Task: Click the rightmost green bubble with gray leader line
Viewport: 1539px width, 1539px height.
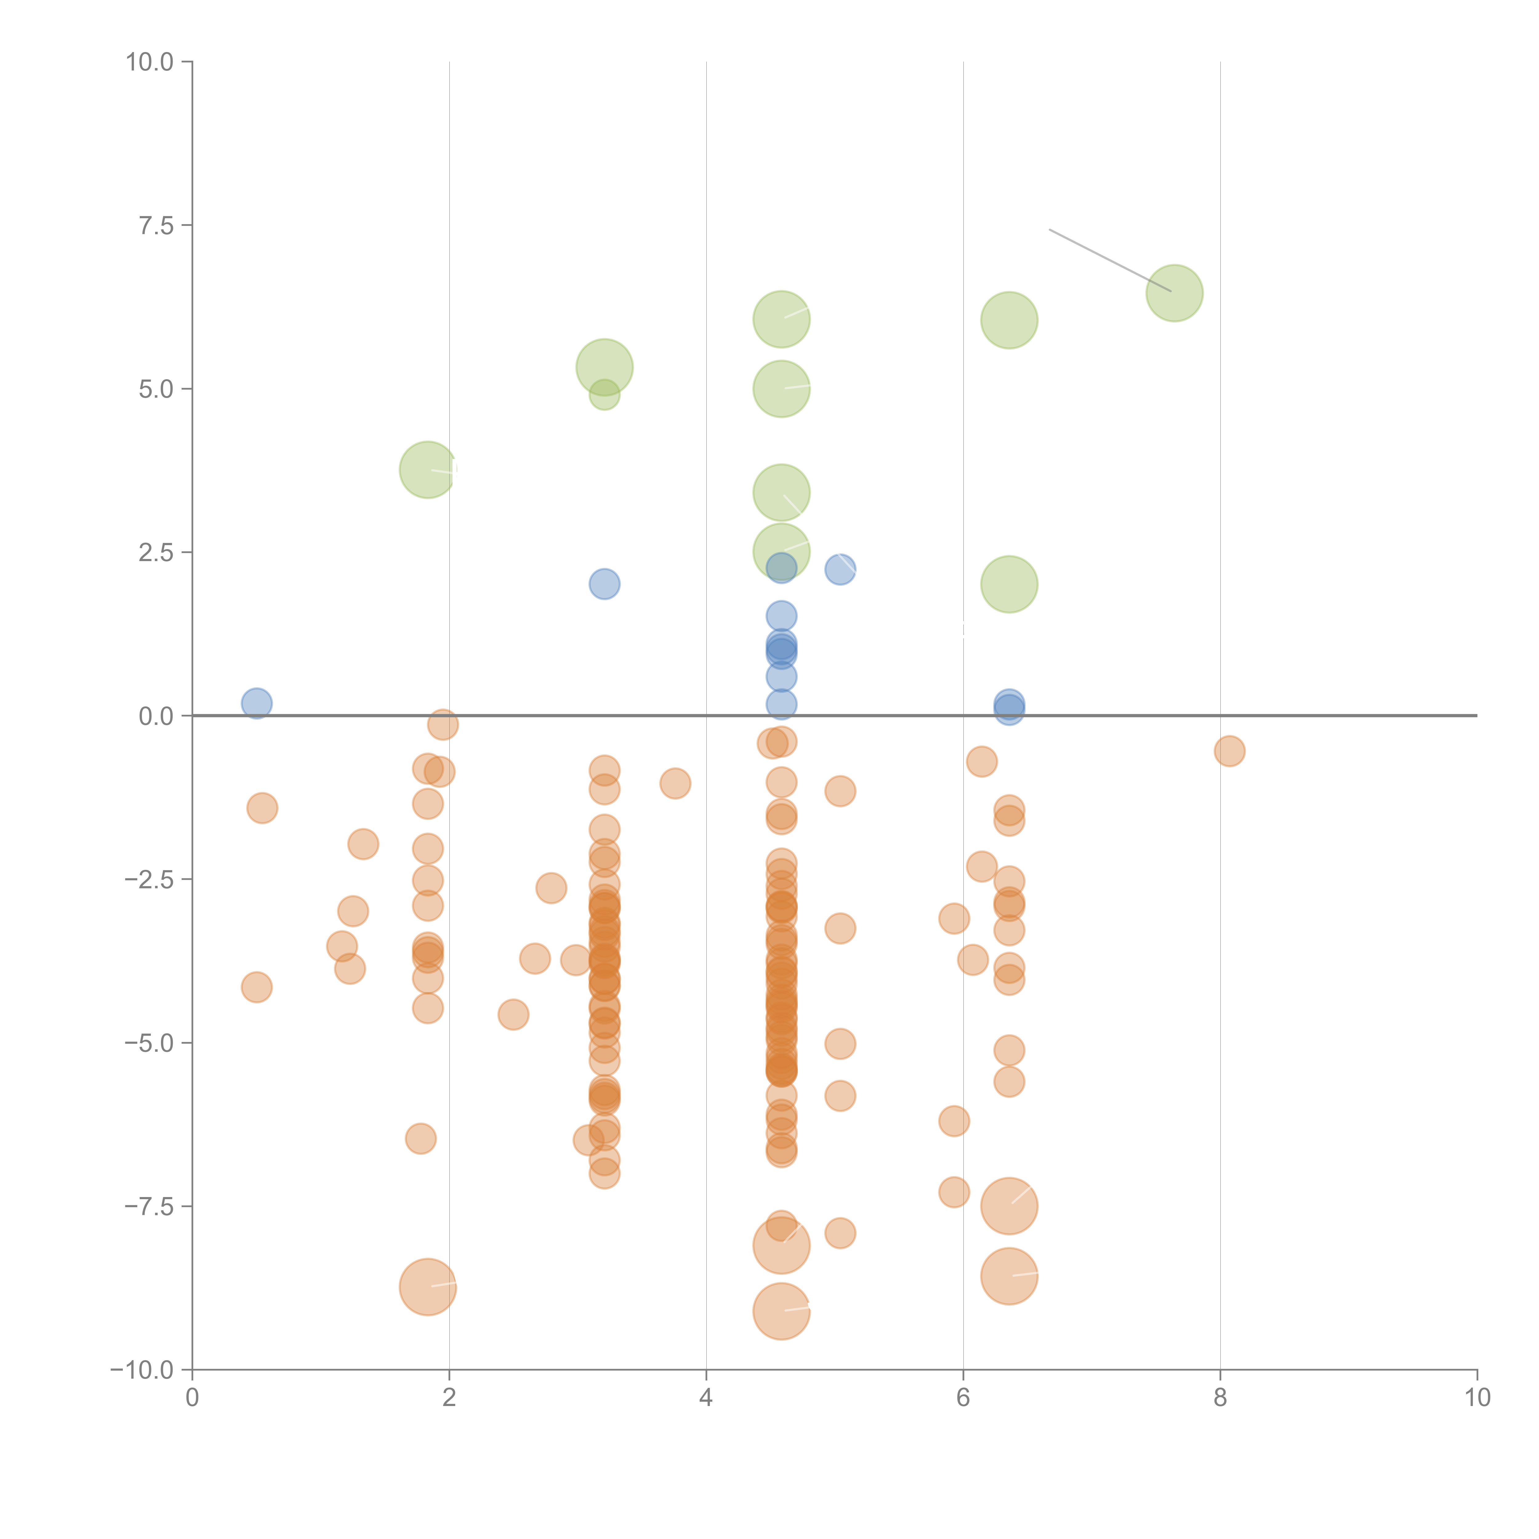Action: [x=1174, y=293]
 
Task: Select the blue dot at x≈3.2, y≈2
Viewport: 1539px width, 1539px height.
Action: [x=605, y=584]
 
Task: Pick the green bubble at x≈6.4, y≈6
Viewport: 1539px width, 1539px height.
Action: [x=1009, y=320]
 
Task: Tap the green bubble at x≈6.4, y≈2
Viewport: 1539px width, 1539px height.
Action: [x=1009, y=584]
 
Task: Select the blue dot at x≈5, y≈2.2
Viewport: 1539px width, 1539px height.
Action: [x=840, y=569]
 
